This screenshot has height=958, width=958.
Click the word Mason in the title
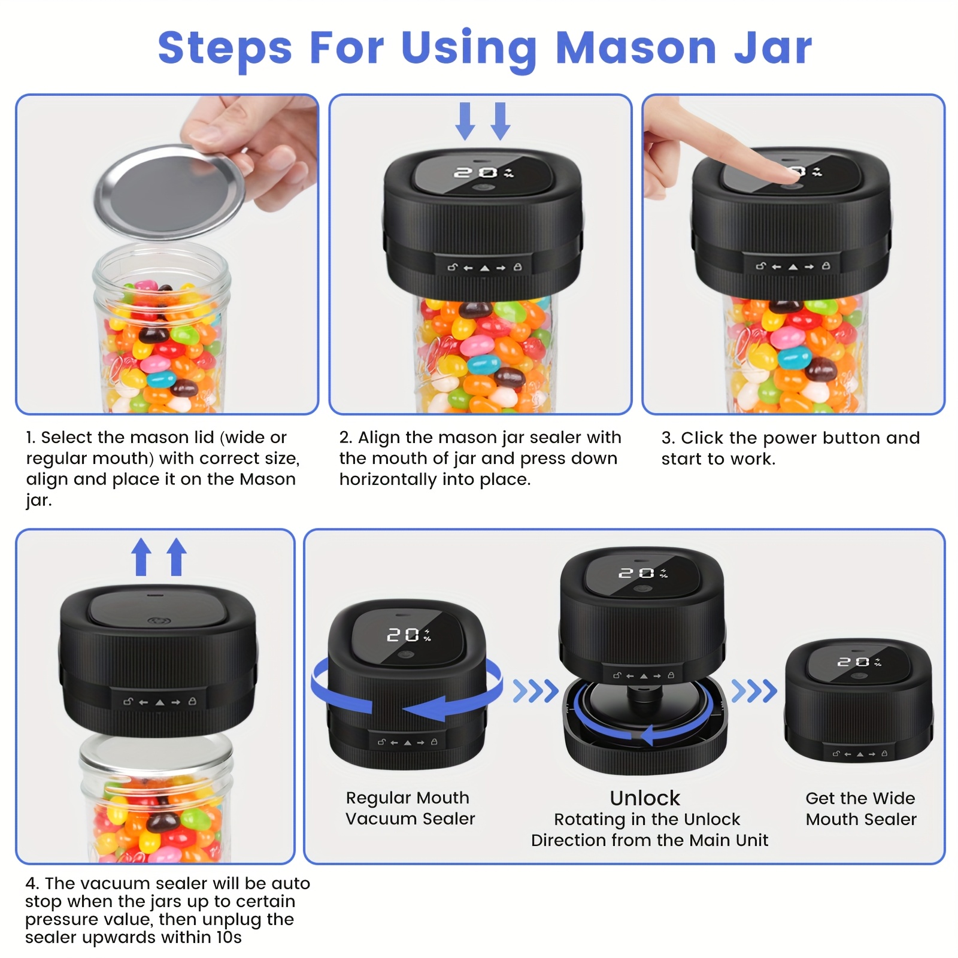pos(636,48)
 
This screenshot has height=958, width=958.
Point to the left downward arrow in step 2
pos(465,121)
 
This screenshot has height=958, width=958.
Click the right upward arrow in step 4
pos(176,557)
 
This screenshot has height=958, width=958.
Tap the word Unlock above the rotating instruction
pos(645,798)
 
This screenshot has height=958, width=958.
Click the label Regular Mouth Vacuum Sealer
pos(410,808)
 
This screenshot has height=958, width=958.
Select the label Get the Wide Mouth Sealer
pos(860,808)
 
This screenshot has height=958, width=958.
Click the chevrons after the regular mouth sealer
pos(535,691)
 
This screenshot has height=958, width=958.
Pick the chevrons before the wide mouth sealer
pos(754,691)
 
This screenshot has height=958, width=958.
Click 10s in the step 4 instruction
pos(228,937)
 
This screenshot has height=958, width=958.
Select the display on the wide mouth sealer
pos(859,662)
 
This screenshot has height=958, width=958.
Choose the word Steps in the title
pos(225,48)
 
